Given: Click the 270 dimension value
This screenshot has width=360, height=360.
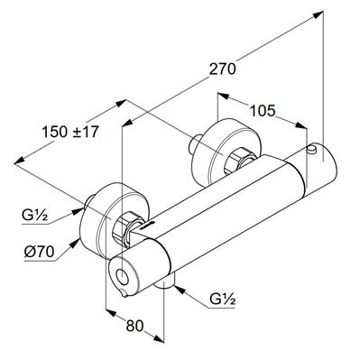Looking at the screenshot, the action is (x=223, y=69).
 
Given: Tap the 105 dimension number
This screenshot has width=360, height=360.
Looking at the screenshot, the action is (x=263, y=111).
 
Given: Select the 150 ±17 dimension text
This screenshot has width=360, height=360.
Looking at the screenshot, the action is (x=70, y=132).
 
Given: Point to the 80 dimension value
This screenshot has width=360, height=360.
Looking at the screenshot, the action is (x=134, y=326).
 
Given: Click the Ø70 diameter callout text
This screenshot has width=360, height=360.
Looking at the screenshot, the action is (x=39, y=252).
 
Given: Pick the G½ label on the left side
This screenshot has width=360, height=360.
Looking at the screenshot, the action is (x=34, y=216).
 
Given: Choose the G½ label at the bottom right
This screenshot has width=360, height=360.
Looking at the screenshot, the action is (x=223, y=300).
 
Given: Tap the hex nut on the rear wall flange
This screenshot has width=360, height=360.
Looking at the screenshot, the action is (x=238, y=162).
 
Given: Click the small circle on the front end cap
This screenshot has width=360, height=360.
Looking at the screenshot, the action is (x=122, y=275).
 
